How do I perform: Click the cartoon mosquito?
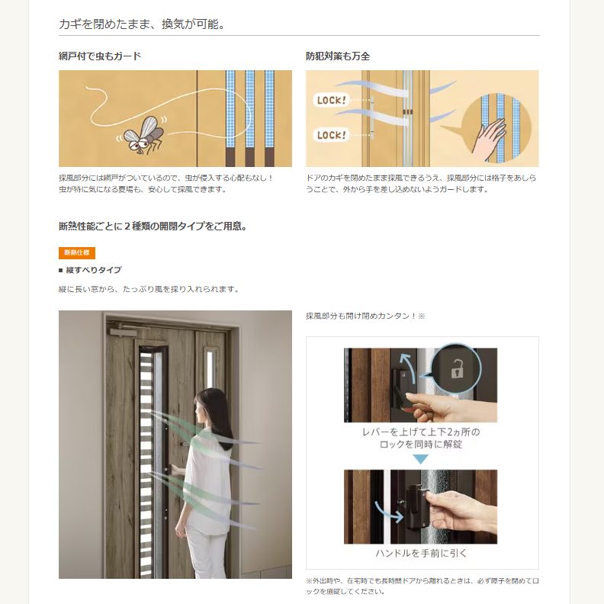[x=143, y=135]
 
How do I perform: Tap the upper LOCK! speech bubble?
[x=331, y=100]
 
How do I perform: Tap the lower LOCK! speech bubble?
[x=331, y=135]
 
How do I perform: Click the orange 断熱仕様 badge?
[x=77, y=252]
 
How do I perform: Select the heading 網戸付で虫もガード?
[x=100, y=56]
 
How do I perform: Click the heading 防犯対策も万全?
[x=338, y=56]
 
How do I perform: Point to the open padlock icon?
[x=457, y=368]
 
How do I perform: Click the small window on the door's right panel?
[x=210, y=369]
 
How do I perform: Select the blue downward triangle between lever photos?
[x=420, y=459]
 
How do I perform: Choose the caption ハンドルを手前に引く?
[x=421, y=554]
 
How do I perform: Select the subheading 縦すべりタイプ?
[x=94, y=270]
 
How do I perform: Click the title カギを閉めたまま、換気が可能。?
[x=142, y=24]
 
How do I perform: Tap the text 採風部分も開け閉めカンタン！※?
[x=365, y=316]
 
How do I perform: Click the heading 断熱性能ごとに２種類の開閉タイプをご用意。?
[x=153, y=226]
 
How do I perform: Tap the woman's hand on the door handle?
[x=177, y=471]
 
